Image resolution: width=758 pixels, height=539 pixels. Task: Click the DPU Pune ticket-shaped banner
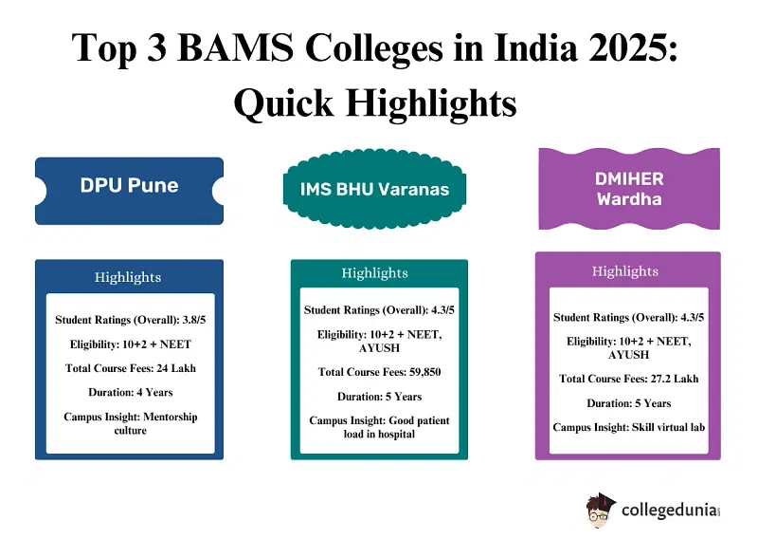tap(129, 191)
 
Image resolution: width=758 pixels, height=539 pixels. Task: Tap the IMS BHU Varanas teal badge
tap(374, 189)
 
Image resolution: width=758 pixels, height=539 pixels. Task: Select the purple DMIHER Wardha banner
tap(629, 189)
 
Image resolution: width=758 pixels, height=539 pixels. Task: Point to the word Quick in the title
tap(283, 103)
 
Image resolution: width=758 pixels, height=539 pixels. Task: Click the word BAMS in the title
tap(236, 48)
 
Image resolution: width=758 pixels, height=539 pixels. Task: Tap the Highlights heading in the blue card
tap(128, 277)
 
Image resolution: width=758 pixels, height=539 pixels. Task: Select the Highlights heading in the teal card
tap(374, 272)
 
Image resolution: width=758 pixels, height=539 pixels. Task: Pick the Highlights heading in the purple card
tap(625, 270)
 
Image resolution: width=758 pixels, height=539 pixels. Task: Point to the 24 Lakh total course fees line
tap(131, 368)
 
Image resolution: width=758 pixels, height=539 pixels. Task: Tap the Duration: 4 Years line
tap(131, 392)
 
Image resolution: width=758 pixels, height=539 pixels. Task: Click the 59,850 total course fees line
tap(380, 372)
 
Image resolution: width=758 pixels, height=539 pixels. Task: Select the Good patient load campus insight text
tap(380, 427)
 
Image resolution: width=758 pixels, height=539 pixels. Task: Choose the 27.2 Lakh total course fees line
tap(629, 379)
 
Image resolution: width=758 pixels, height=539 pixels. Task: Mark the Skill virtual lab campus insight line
tap(629, 427)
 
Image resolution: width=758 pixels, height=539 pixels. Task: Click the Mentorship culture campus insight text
tap(131, 424)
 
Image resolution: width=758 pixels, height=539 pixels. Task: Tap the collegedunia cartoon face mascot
tap(601, 511)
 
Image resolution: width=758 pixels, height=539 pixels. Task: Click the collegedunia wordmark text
tap(671, 511)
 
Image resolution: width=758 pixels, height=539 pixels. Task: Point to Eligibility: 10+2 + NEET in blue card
tap(131, 344)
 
